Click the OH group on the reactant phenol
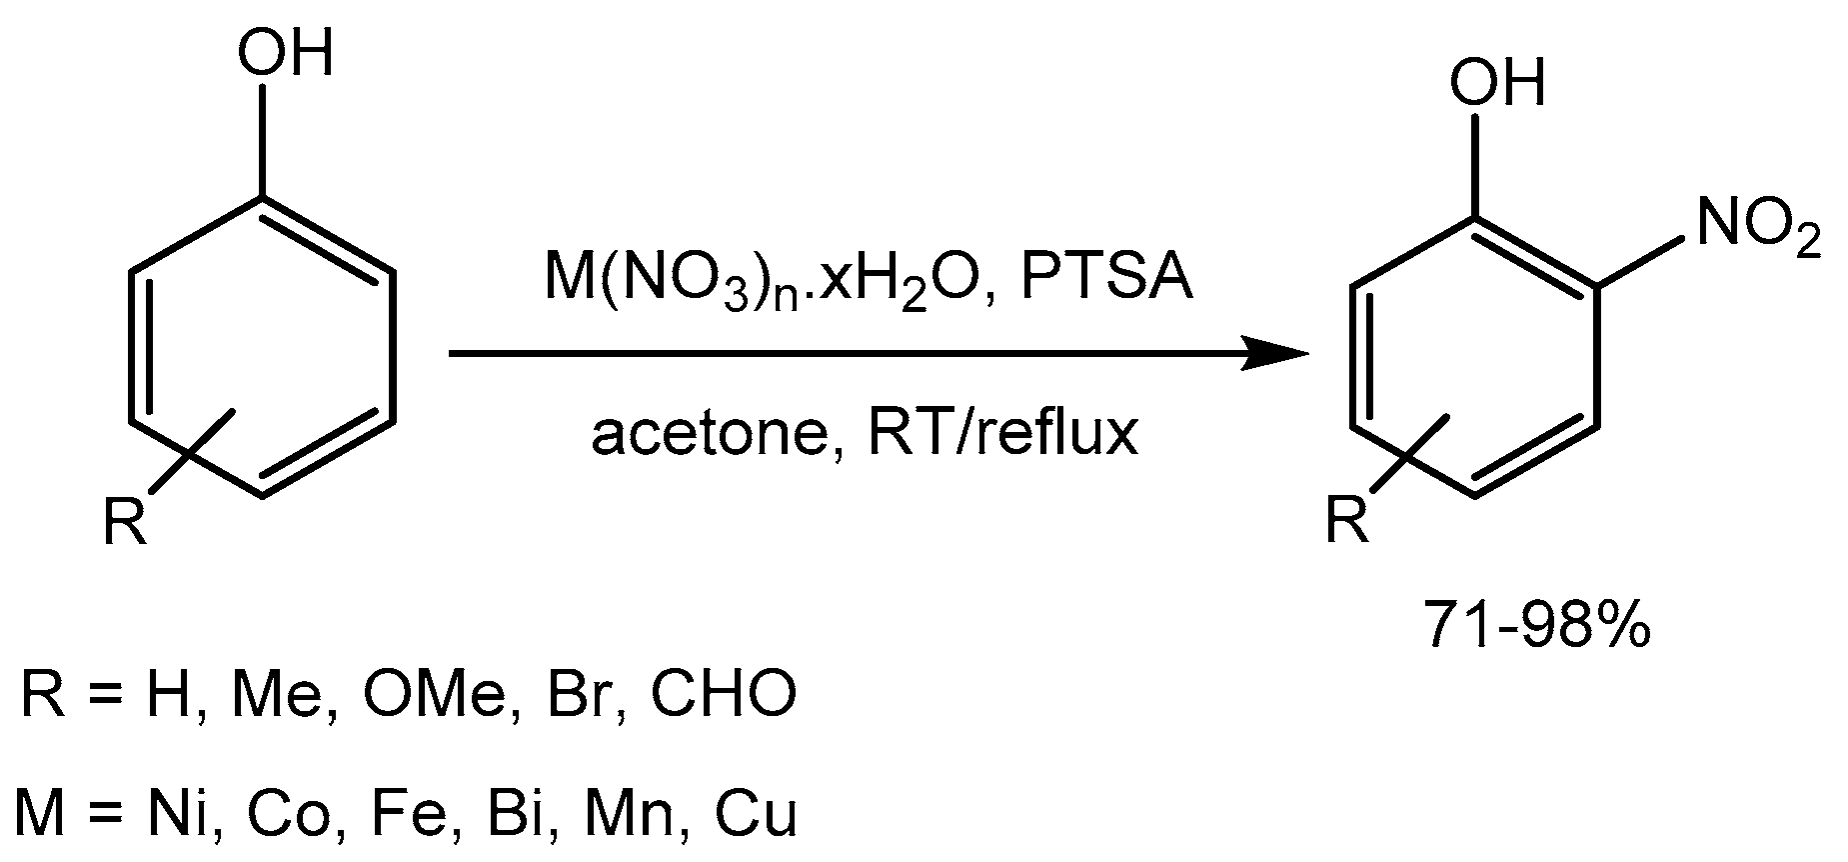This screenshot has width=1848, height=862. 284,52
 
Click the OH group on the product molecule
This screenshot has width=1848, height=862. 1496,81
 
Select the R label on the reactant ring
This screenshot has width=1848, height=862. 126,521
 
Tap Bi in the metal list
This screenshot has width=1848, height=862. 508,812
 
